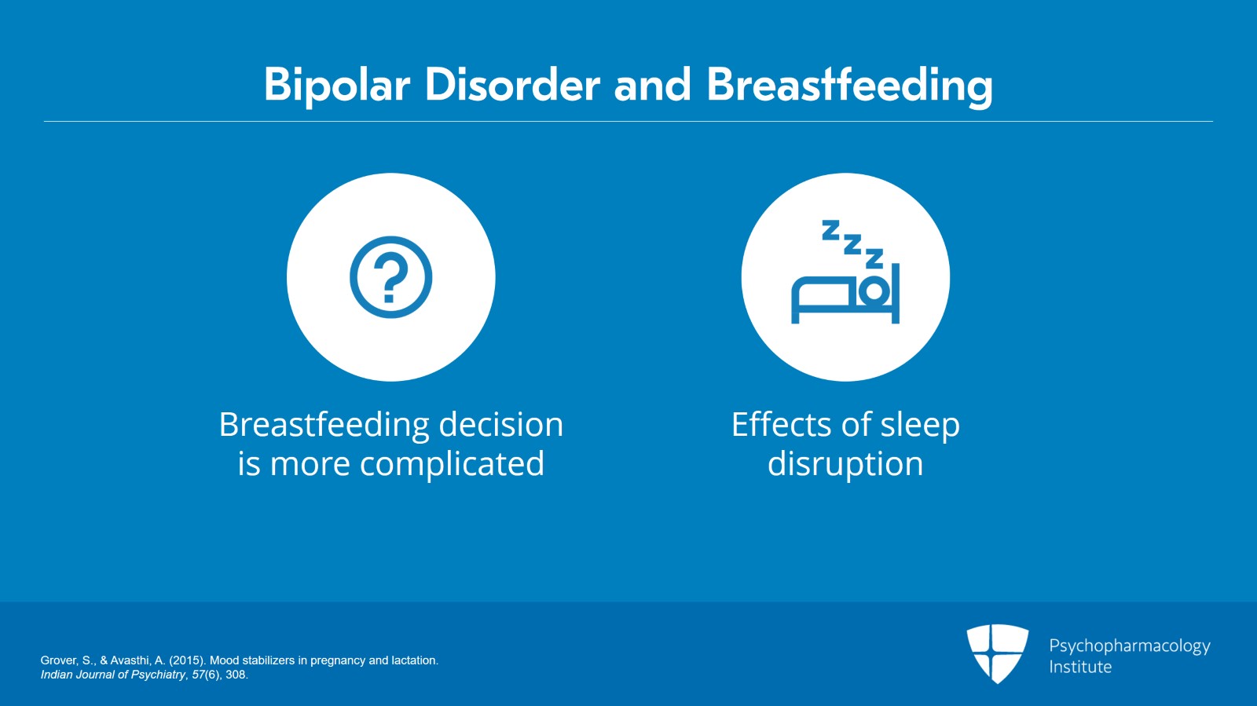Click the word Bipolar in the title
coord(337,86)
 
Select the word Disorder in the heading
coord(512,85)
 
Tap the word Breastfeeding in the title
coord(849,86)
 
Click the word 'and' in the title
coord(653,85)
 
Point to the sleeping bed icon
coord(845,272)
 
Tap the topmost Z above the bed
coord(830,230)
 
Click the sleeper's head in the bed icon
coord(874,291)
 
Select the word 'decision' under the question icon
coord(500,424)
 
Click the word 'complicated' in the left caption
coord(452,464)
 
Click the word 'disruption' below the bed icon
coord(845,464)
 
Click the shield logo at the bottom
coord(997,653)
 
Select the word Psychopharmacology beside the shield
coord(1130,646)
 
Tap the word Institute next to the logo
coord(1080,667)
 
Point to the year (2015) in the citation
coord(186,660)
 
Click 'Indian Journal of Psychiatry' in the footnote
coord(113,675)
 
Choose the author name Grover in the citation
coord(59,660)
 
